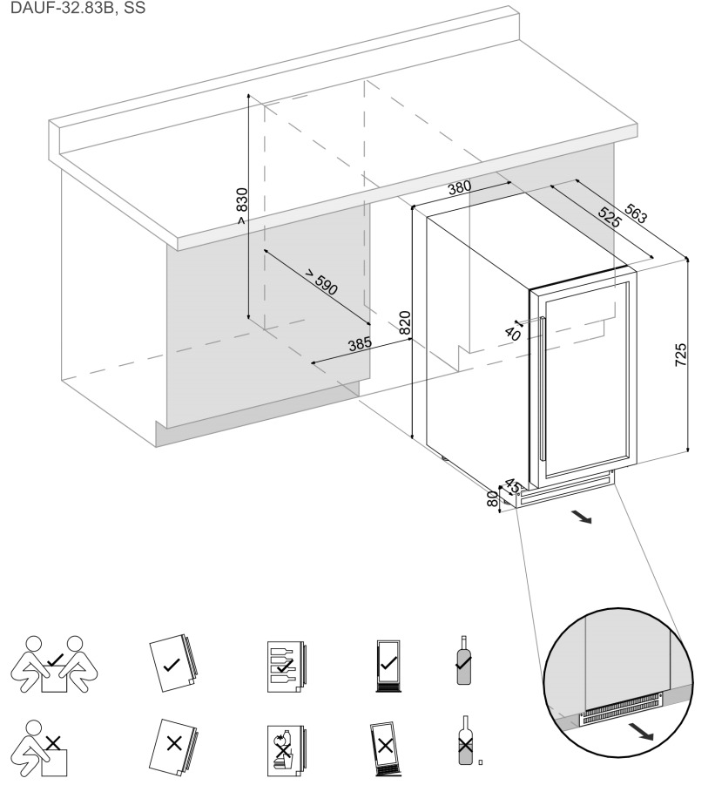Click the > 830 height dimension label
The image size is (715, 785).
point(241,206)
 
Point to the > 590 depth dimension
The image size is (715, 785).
point(321,284)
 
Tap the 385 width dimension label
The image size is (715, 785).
point(359,344)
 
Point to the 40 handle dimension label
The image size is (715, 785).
point(512,332)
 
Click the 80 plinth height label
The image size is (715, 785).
point(492,499)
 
